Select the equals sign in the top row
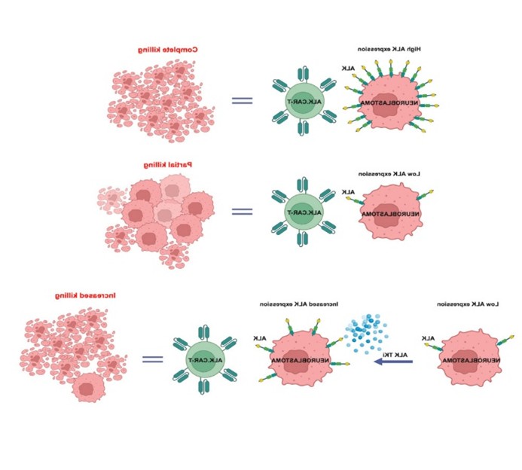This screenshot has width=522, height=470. point(241,101)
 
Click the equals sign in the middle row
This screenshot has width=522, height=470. point(241,211)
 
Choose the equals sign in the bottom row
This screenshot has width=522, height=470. point(153,359)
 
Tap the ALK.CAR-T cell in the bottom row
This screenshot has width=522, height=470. point(203,359)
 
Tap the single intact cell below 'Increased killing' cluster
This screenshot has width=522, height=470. point(88,388)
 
